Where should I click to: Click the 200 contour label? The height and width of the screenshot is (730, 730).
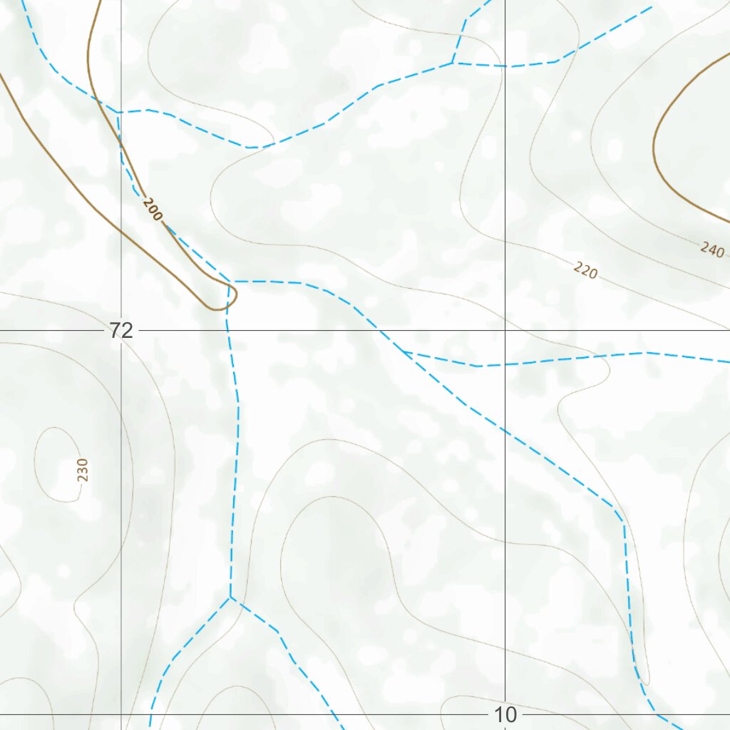152,210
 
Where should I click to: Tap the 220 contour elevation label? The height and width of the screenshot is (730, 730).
585,270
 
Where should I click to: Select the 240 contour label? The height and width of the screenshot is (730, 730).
712,250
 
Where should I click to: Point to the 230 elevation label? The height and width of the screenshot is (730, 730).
83,470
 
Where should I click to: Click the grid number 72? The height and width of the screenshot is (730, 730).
121,330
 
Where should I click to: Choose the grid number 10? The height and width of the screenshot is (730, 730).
505,714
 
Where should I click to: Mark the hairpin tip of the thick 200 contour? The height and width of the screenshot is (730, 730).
214,309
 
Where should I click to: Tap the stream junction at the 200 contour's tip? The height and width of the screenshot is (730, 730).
232,282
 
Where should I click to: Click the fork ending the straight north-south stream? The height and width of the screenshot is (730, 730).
230,597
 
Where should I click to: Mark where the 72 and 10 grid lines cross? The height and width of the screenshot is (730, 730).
505,331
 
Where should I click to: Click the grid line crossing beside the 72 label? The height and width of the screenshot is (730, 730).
121,331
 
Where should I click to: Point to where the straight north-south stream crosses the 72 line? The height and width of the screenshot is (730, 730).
227,331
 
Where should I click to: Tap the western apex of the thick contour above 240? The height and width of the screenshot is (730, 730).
654,146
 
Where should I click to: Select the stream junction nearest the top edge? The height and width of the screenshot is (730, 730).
453,63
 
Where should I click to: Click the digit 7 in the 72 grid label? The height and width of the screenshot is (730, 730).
115,330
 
